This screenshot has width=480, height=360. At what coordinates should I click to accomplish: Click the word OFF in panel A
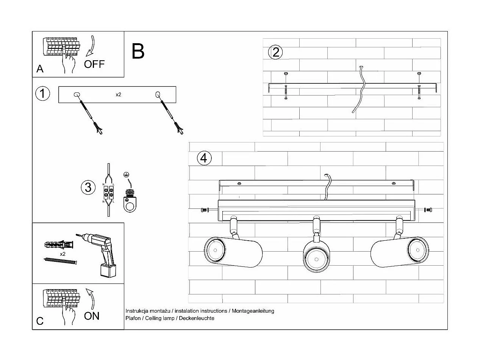(x=94, y=64)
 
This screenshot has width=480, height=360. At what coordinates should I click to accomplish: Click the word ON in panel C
(x=92, y=316)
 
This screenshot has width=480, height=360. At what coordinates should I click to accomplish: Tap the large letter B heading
(x=138, y=52)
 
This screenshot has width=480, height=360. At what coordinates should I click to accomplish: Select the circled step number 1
(x=42, y=93)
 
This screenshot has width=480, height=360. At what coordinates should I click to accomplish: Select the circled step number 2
(x=275, y=52)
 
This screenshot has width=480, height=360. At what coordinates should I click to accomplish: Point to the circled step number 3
(x=88, y=187)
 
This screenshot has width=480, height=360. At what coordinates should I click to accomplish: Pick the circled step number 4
(x=204, y=157)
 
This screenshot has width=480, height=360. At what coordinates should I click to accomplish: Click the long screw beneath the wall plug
(x=61, y=261)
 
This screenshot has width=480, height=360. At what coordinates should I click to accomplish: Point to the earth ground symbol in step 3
(x=127, y=175)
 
